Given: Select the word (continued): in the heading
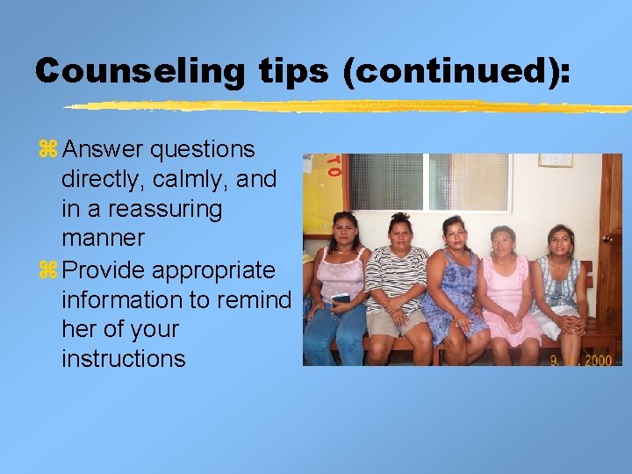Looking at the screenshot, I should [x=456, y=71].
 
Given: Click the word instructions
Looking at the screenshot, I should [x=123, y=359].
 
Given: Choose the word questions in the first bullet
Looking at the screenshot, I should [x=203, y=150].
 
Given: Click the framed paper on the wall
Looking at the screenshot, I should [x=555, y=160].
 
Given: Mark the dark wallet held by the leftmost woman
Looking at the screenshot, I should [x=341, y=299].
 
